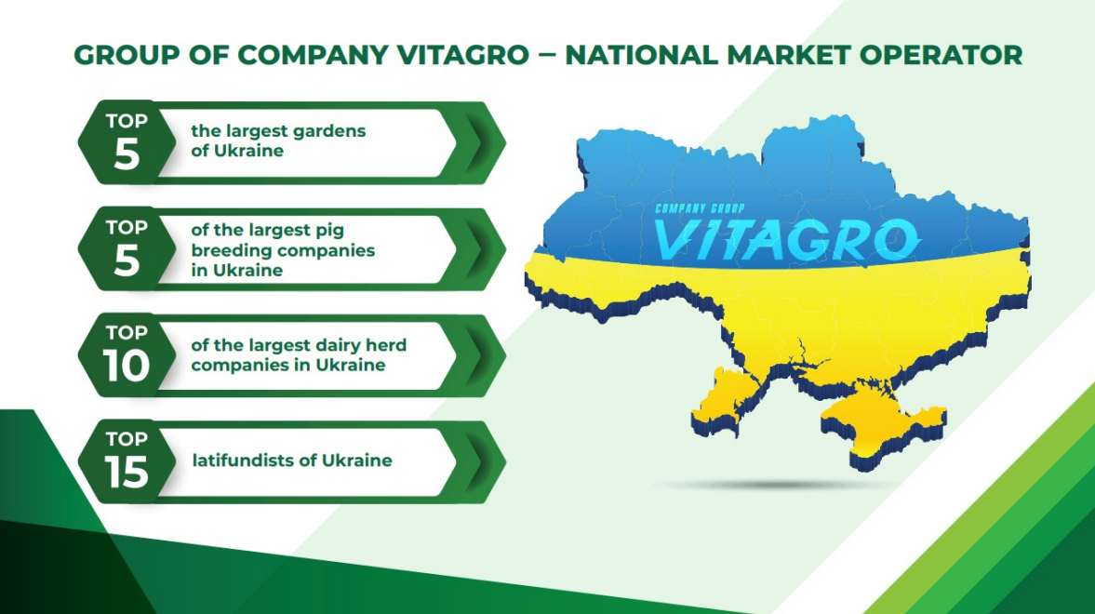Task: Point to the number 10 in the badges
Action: [x=127, y=366]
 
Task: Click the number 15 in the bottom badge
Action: [x=127, y=473]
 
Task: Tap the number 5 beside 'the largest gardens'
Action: [x=127, y=153]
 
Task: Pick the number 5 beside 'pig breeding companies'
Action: [x=127, y=260]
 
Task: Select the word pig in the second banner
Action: [x=330, y=232]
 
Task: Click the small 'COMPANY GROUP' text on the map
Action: [x=700, y=208]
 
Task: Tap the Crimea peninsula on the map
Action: [x=884, y=426]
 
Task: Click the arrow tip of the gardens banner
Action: [x=504, y=143]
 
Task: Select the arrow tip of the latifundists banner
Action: [x=504, y=461]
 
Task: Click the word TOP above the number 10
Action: [x=127, y=332]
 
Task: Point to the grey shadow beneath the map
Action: [x=775, y=484]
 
